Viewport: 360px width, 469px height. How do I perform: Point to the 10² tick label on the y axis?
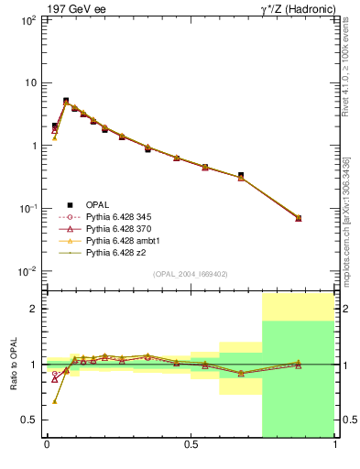[27, 19]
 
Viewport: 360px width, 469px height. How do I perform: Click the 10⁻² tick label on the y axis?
[27, 272]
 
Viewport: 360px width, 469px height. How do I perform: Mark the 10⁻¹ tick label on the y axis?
[27, 209]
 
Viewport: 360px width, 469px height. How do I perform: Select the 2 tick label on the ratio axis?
[33, 309]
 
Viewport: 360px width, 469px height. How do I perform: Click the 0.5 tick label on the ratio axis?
[29, 420]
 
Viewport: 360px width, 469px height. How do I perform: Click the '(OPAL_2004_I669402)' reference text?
[191, 274]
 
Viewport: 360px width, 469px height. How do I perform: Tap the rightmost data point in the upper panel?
[298, 218]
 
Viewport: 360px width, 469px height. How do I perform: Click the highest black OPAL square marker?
[66, 101]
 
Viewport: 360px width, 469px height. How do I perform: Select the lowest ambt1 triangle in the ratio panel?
[55, 401]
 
